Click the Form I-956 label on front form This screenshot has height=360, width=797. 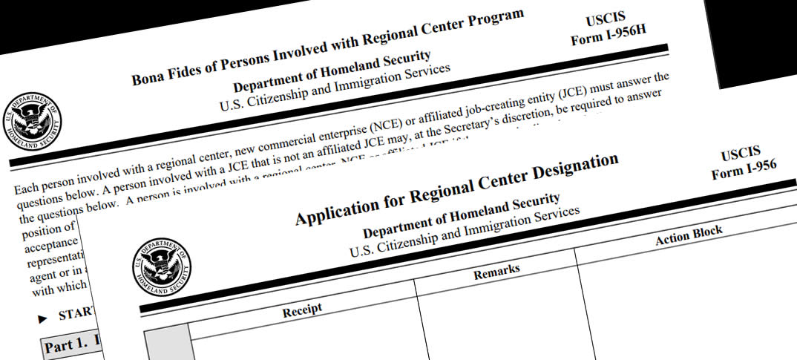(x=744, y=171)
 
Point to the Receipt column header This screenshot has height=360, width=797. (x=302, y=311)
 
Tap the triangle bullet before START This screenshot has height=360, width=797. (x=42, y=318)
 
